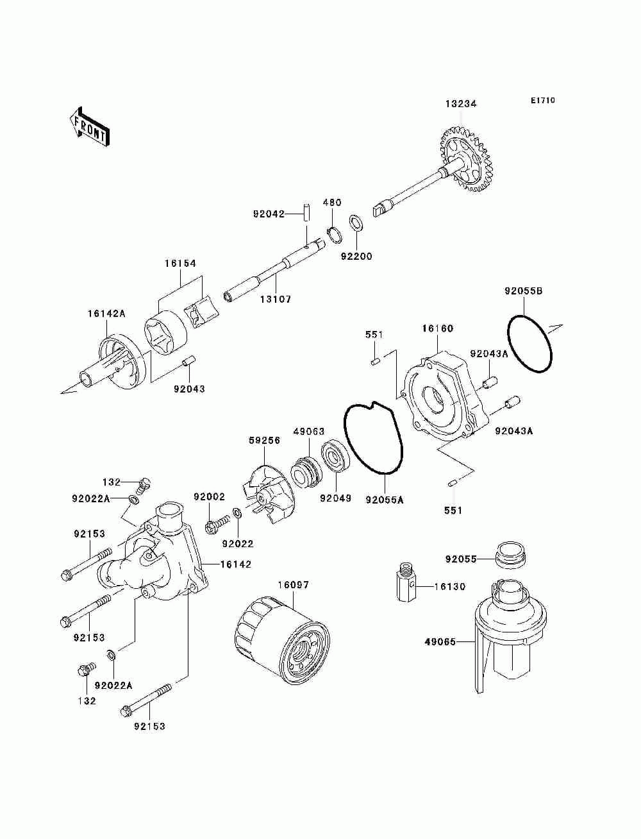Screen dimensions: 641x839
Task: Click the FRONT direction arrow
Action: pyautogui.click(x=90, y=126)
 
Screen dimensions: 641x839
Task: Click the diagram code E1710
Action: pyautogui.click(x=542, y=101)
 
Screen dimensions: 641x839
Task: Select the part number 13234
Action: pyautogui.click(x=461, y=103)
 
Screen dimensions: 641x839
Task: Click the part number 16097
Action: pyautogui.click(x=294, y=585)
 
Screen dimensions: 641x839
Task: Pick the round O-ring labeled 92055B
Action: pyautogui.click(x=530, y=343)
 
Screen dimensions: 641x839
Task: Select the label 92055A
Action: pyautogui.click(x=385, y=500)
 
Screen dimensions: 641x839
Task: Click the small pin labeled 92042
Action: pyautogui.click(x=307, y=212)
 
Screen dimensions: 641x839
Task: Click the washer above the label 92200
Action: pyautogui.click(x=356, y=223)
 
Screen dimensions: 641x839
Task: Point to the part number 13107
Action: pyautogui.click(x=276, y=300)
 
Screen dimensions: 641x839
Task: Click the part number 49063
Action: pyautogui.click(x=309, y=432)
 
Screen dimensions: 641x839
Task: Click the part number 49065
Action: pyautogui.click(x=440, y=642)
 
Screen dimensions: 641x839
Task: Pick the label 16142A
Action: pyautogui.click(x=106, y=314)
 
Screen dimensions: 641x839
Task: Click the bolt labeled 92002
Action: pyautogui.click(x=218, y=523)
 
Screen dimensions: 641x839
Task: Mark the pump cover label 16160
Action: pyautogui.click(x=438, y=328)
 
